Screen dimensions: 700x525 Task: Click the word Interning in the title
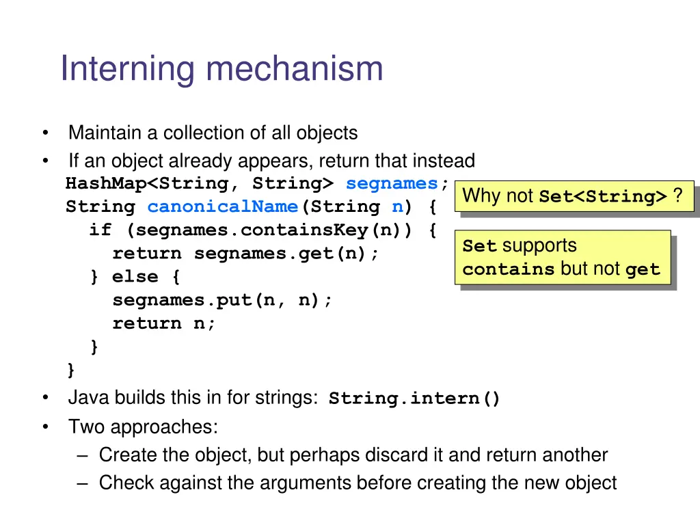pyautogui.click(x=129, y=69)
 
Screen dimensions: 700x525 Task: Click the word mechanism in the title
pyautogui.click(x=295, y=69)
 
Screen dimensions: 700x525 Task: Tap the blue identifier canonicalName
pyautogui.click(x=222, y=206)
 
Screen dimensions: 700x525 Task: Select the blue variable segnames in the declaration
pyautogui.click(x=392, y=183)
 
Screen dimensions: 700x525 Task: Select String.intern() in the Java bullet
pyautogui.click(x=414, y=399)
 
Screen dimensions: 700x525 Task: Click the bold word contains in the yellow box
pyautogui.click(x=508, y=269)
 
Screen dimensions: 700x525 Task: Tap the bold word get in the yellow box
pyautogui.click(x=643, y=269)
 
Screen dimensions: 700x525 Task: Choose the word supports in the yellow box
pyautogui.click(x=539, y=246)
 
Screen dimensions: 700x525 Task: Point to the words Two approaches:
pyautogui.click(x=143, y=427)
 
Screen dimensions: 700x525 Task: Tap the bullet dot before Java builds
pyautogui.click(x=44, y=398)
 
